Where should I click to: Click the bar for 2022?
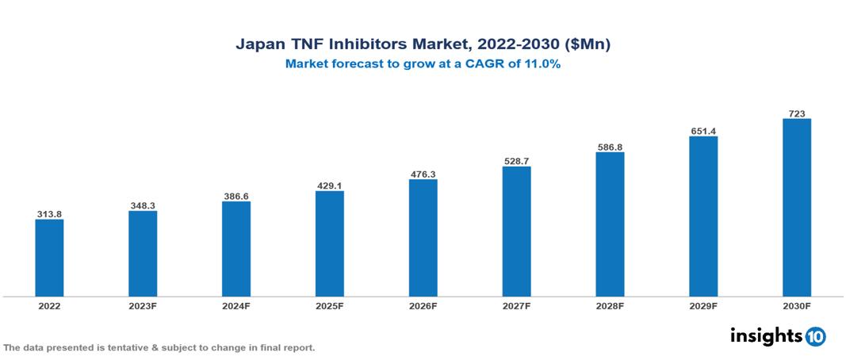(49, 258)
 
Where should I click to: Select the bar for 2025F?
(329, 243)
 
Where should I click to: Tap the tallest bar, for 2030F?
(796, 208)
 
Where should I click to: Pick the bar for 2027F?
(516, 232)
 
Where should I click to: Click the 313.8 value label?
(49, 214)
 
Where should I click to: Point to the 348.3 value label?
(143, 205)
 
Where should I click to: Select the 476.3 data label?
(423, 174)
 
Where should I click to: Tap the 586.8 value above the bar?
(610, 147)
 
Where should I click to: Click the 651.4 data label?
(703, 131)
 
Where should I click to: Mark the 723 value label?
(796, 113)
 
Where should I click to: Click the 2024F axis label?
(235, 305)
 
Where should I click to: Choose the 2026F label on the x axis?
(423, 305)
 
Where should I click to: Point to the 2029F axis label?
(703, 305)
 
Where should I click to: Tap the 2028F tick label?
(610, 305)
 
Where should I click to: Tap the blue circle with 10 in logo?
(815, 337)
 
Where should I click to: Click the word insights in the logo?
(766, 335)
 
